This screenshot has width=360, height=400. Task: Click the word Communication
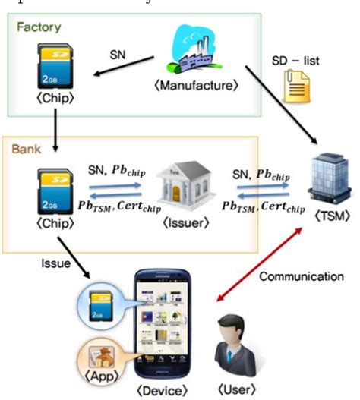point(302,277)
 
